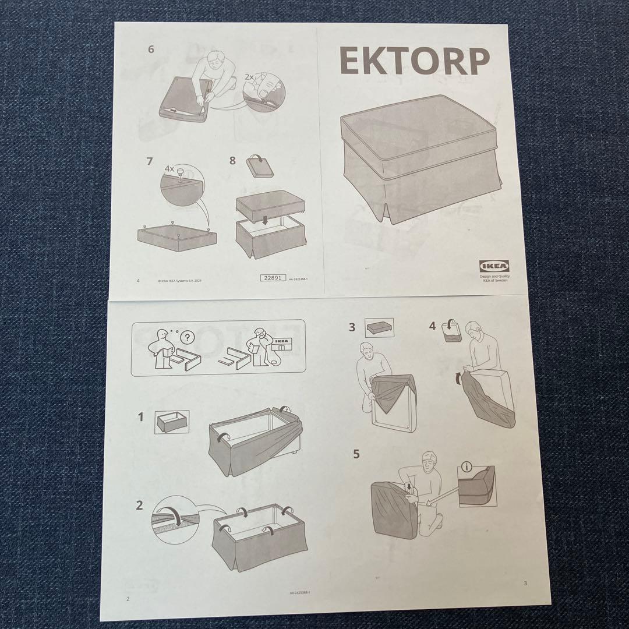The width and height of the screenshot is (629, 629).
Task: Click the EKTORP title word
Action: (x=414, y=61)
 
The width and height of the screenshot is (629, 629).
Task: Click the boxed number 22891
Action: (x=272, y=278)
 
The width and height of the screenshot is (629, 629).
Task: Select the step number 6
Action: (x=151, y=50)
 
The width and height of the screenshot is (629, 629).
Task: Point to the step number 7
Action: (x=150, y=161)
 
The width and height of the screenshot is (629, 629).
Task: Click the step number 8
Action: (x=232, y=161)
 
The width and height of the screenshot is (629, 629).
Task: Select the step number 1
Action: (x=140, y=417)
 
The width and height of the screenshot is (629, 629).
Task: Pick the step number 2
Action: (x=139, y=505)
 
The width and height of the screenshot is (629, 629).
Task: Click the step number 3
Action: (x=352, y=327)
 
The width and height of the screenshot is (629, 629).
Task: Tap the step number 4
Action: (x=432, y=326)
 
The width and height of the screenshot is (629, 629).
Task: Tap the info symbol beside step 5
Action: (x=466, y=466)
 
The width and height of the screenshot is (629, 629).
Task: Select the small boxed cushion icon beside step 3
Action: (x=379, y=327)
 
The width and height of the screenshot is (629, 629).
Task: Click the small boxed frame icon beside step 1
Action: (x=172, y=421)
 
